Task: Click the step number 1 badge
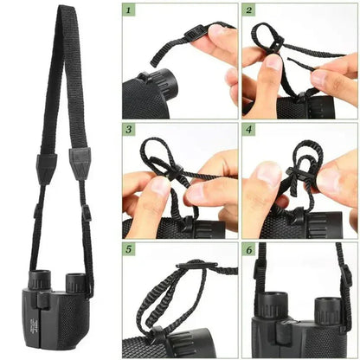(x=130, y=11)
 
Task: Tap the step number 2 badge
(x=248, y=11)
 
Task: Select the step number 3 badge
(x=130, y=131)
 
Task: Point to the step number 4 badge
(x=248, y=131)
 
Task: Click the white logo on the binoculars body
(x=22, y=325)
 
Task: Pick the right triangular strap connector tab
(x=80, y=162)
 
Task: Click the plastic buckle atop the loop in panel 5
(x=191, y=266)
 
